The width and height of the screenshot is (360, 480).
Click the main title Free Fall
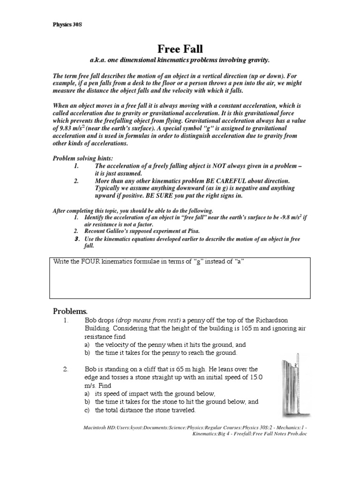point(180,49)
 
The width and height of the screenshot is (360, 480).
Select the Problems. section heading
point(70,311)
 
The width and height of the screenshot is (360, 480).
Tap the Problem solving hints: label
point(83,159)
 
